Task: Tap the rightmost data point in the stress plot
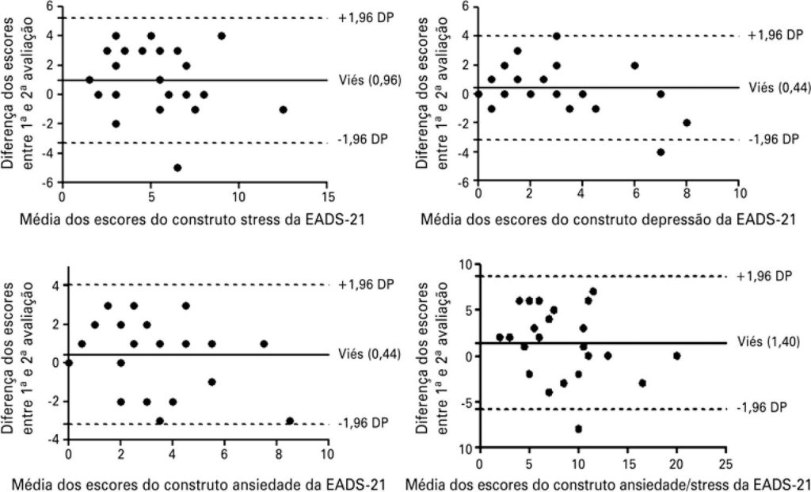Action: (283, 109)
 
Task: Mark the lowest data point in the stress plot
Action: (177, 167)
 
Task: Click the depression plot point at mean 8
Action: (687, 123)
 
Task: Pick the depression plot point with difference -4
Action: (661, 152)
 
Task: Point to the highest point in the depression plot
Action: (557, 36)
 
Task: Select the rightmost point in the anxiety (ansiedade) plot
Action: (290, 421)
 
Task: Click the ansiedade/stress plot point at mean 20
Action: (677, 356)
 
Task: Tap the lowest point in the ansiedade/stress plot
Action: (578, 429)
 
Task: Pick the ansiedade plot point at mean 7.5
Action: (264, 343)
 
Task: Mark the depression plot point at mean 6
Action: (634, 65)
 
